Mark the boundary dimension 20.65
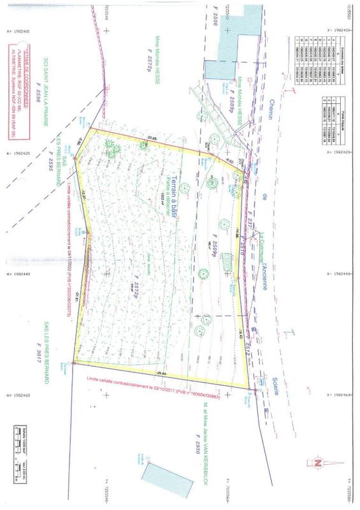click(x=150, y=138)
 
